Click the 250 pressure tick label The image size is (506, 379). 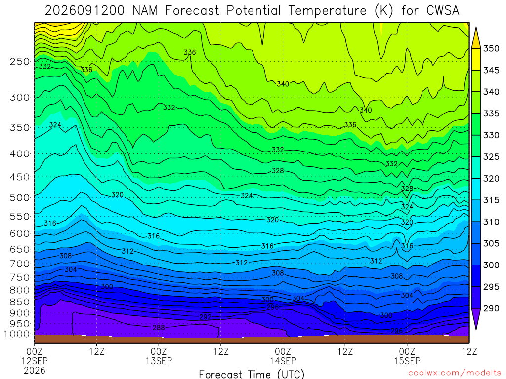pyautogui.click(x=20, y=61)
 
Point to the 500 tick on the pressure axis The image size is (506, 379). pyautogui.click(x=20, y=197)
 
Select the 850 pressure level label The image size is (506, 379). pyautogui.click(x=20, y=302)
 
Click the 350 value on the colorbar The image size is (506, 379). pyautogui.click(x=491, y=49)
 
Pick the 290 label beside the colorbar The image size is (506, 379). pyautogui.click(x=491, y=308)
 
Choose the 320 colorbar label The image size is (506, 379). pyautogui.click(x=491, y=179)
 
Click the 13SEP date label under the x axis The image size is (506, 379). pyautogui.click(x=159, y=361)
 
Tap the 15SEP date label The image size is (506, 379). pyautogui.click(x=407, y=361)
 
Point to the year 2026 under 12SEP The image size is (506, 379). pyautogui.click(x=35, y=370)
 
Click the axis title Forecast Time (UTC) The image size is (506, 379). pyautogui.click(x=252, y=374)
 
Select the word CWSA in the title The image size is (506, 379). pyautogui.click(x=443, y=11)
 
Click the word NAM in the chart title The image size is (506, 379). pyautogui.click(x=145, y=11)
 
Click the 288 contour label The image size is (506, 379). pyautogui.click(x=159, y=328)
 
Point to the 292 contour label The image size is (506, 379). pyautogui.click(x=205, y=317)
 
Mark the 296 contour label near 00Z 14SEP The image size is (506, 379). pyautogui.click(x=273, y=307)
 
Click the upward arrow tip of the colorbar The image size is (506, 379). pyautogui.click(x=476, y=28)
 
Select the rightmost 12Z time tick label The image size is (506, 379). pyautogui.click(x=469, y=351)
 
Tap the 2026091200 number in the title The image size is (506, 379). pyautogui.click(x=84, y=11)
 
